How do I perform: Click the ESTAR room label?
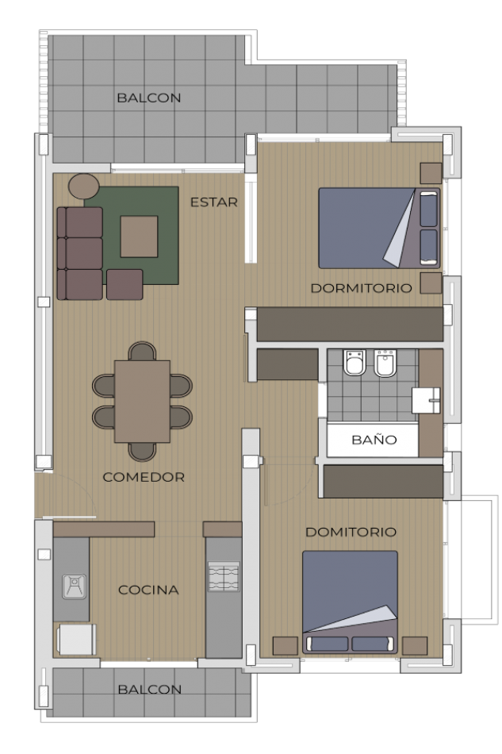point(213,202)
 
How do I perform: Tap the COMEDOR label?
point(144,477)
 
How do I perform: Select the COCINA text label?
point(148,590)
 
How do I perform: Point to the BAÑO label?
point(374,440)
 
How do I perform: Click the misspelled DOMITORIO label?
point(351,532)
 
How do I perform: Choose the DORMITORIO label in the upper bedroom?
point(361,288)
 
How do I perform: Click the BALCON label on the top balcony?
point(149,98)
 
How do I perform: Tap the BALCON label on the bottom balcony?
point(149,690)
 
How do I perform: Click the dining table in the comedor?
point(142,402)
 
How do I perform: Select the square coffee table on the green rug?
point(139,237)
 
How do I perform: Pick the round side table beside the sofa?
point(83,187)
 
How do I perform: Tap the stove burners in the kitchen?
point(223,576)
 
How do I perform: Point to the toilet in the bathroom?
point(354,364)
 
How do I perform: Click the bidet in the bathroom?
point(385,364)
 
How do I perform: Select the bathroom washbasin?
point(426,401)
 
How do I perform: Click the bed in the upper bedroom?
point(378,229)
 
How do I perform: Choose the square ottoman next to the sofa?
point(125,284)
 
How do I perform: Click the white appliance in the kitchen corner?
point(75,639)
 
